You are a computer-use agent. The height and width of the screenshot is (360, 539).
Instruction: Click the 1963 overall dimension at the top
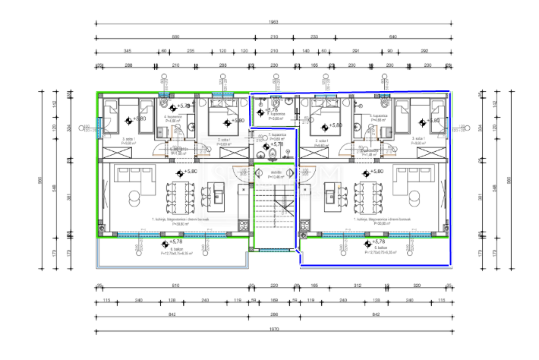point(273,22)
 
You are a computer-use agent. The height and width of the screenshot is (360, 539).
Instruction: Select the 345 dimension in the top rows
point(125,51)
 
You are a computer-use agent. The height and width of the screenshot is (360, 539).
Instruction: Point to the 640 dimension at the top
point(393,36)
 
